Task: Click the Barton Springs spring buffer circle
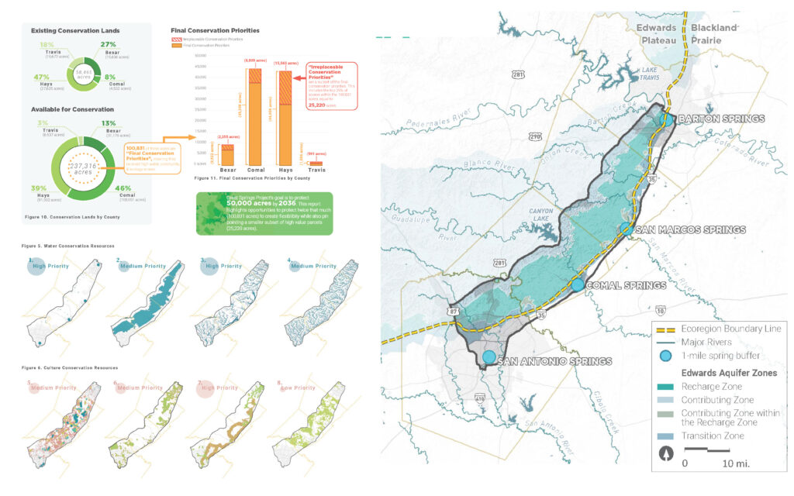tap(667, 119)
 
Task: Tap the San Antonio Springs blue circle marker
tap(488, 357)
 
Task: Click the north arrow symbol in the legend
tap(665, 454)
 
